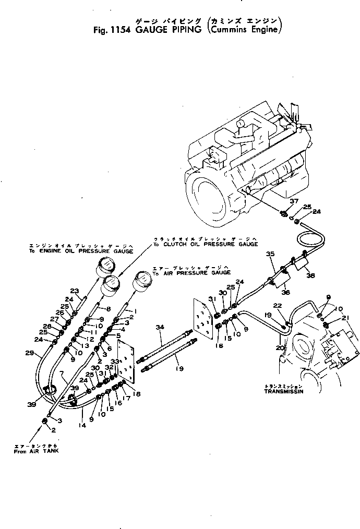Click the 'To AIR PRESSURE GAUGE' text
click(x=192, y=272)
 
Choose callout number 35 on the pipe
click(x=270, y=254)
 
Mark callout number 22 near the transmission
click(x=278, y=306)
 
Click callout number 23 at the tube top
click(x=75, y=291)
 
